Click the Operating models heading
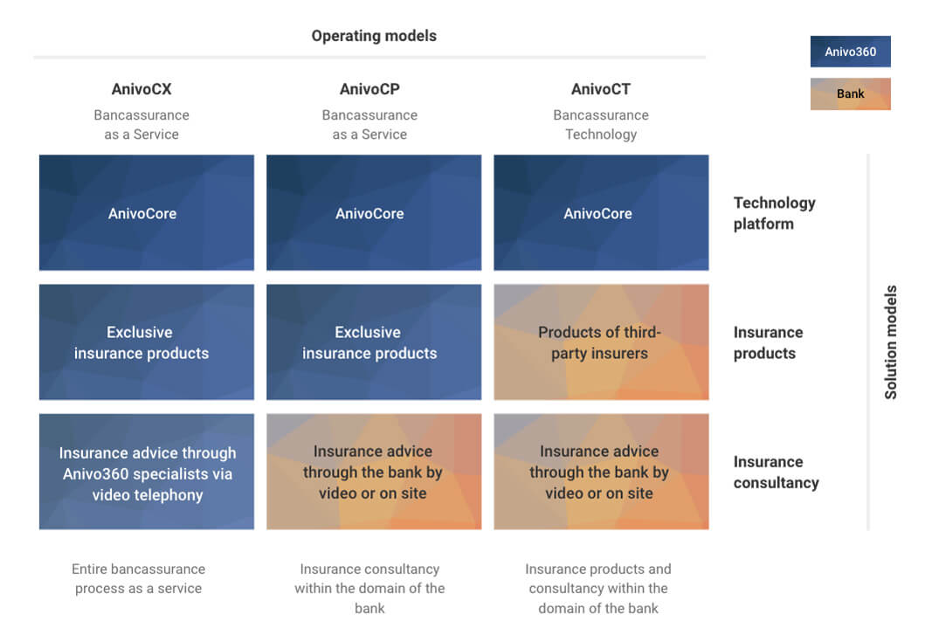374,36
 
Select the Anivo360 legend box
850,52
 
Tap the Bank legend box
850,94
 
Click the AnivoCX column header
142,89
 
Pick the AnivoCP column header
369,89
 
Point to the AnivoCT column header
601,89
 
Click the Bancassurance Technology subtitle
601,124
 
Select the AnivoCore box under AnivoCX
147,213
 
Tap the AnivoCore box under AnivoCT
601,213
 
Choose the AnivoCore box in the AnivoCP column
374,213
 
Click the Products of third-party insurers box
601,342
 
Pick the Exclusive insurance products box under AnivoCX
147,342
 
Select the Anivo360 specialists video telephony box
147,472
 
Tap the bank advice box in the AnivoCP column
374,472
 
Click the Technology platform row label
775,213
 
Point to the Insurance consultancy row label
777,472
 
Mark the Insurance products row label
768,342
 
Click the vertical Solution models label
890,342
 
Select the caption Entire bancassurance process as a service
139,578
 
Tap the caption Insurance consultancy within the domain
369,588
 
